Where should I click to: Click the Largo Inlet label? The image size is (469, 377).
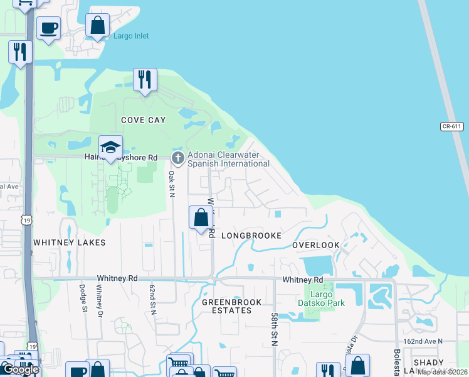(131, 36)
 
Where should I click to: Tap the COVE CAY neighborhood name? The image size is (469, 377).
(142, 120)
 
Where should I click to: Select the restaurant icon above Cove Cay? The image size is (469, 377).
(145, 79)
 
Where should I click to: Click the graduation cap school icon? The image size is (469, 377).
(110, 148)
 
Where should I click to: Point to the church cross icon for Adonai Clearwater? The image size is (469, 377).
(178, 158)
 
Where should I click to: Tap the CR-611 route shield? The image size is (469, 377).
(451, 126)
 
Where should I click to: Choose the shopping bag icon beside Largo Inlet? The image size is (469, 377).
(98, 26)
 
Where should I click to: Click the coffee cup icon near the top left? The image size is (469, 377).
(48, 28)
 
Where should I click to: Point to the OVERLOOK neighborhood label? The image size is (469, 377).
(316, 245)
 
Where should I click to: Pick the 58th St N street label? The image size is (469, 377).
(274, 331)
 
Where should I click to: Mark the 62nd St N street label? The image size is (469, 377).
(152, 299)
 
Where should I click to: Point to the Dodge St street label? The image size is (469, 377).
(82, 298)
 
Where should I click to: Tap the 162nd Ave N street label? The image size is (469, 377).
(423, 341)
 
